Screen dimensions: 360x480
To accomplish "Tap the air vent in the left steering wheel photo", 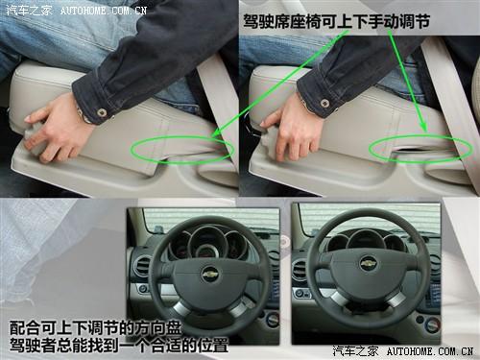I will [141, 266].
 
